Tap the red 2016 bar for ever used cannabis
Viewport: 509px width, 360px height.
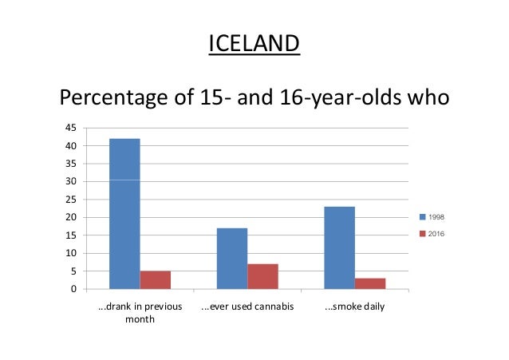point(262,276)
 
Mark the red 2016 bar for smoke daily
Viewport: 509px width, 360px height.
point(370,283)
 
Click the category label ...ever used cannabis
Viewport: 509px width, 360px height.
point(247,307)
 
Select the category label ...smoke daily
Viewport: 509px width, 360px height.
point(355,307)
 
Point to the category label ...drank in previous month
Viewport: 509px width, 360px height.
point(140,313)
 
